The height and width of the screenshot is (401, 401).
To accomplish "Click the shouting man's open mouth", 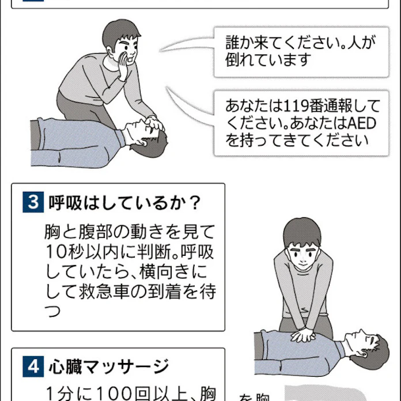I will (133, 58).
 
